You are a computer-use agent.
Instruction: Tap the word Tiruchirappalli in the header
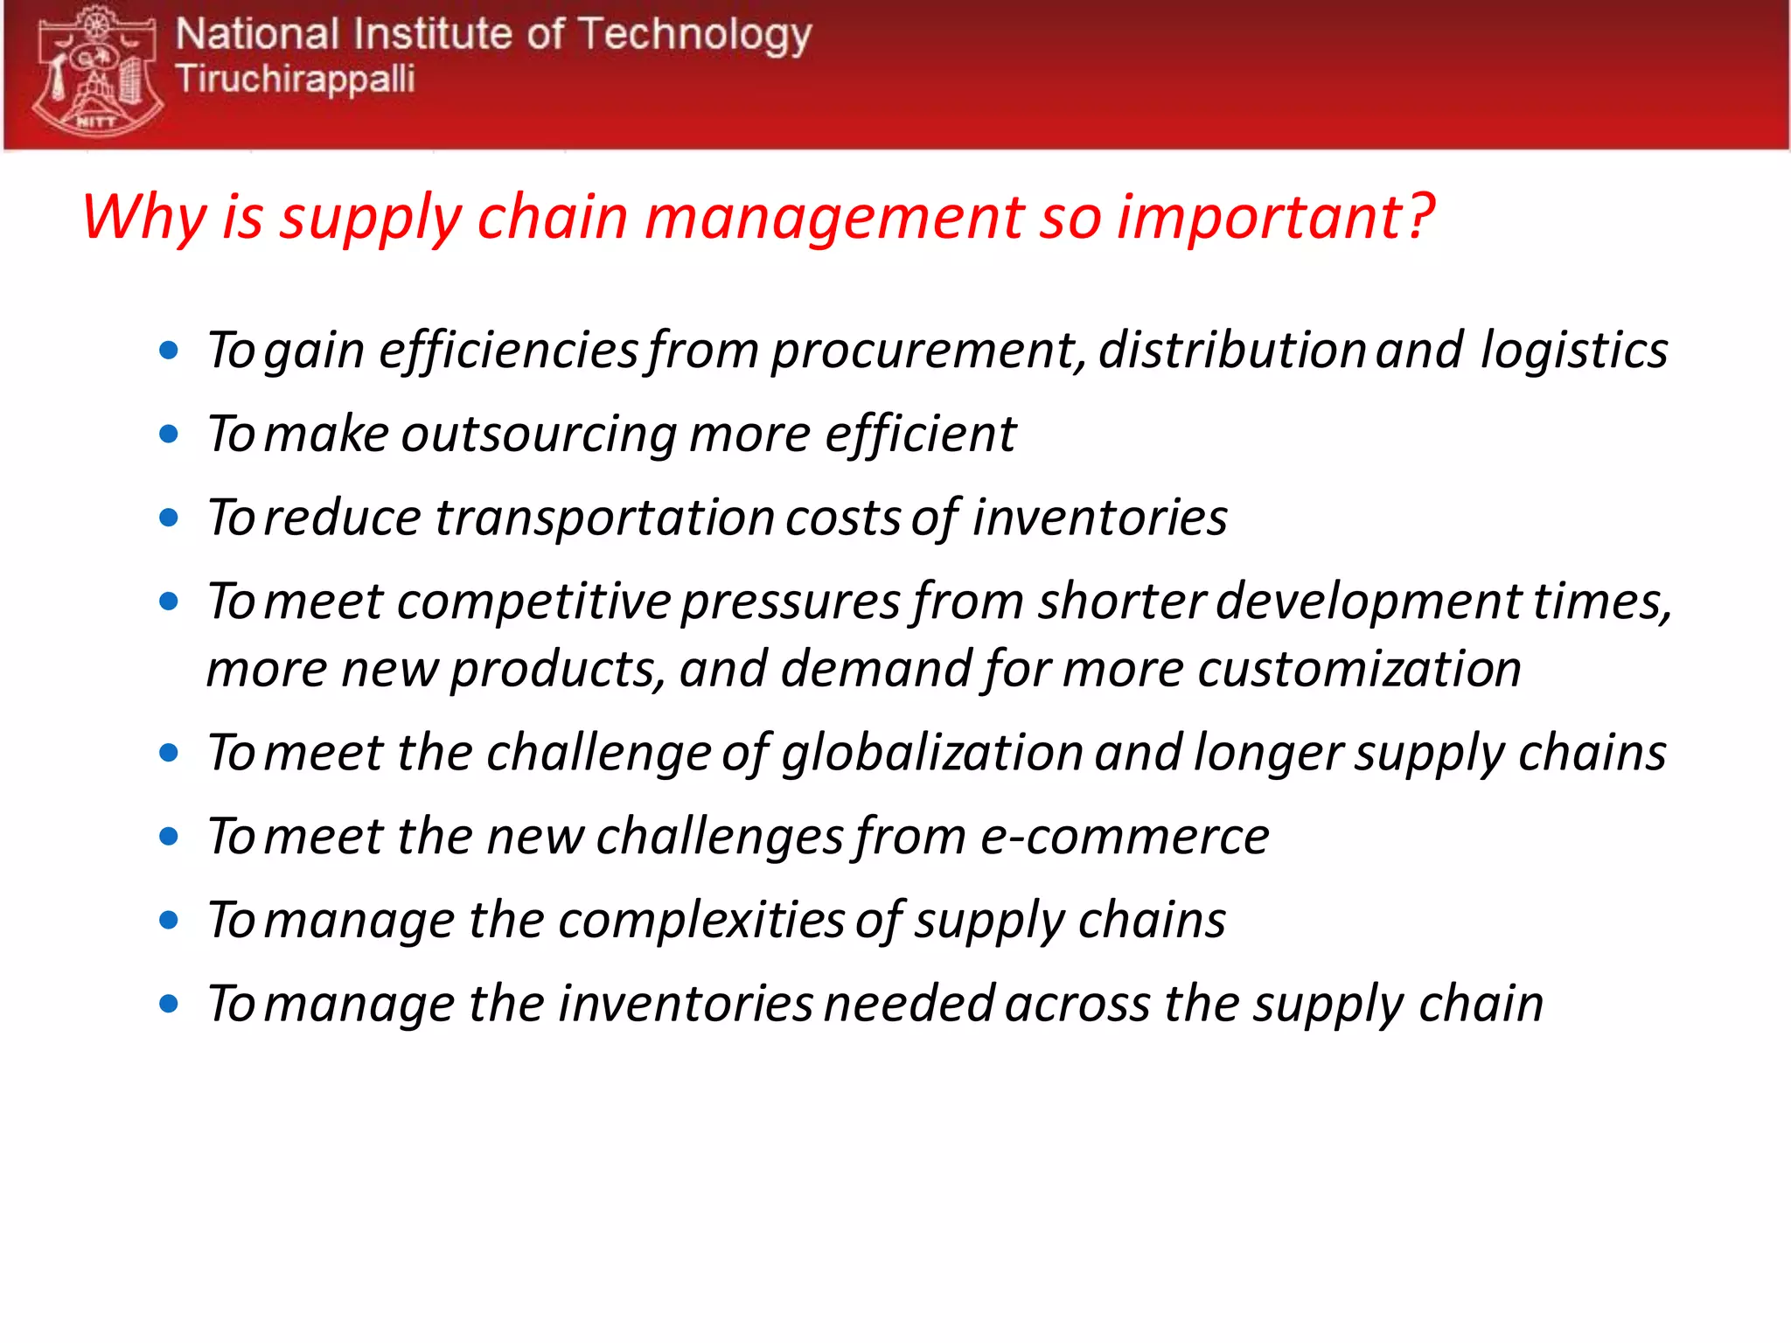[295, 80]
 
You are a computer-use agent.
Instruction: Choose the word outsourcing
[538, 435]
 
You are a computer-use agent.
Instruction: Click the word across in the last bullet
[1077, 1005]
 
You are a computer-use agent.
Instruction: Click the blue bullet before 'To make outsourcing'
[169, 435]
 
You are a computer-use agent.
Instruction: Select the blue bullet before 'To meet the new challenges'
[169, 837]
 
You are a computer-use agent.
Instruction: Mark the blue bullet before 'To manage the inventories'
[169, 1004]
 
